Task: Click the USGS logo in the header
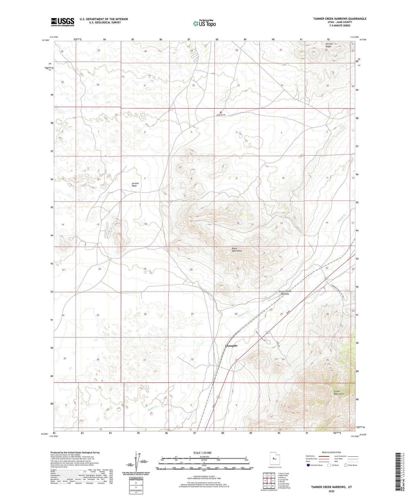click(x=63, y=22)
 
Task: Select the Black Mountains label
click(x=237, y=250)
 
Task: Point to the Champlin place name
click(x=231, y=346)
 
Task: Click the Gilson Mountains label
click(x=338, y=393)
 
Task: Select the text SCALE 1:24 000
click(x=202, y=453)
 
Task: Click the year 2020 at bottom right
click(x=331, y=491)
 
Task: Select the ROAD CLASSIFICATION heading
click(x=331, y=452)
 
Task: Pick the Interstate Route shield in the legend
click(x=309, y=465)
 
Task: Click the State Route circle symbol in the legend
click(x=346, y=465)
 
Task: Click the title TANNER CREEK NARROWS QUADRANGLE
click(x=340, y=19)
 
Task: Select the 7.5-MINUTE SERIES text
click(x=340, y=26)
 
